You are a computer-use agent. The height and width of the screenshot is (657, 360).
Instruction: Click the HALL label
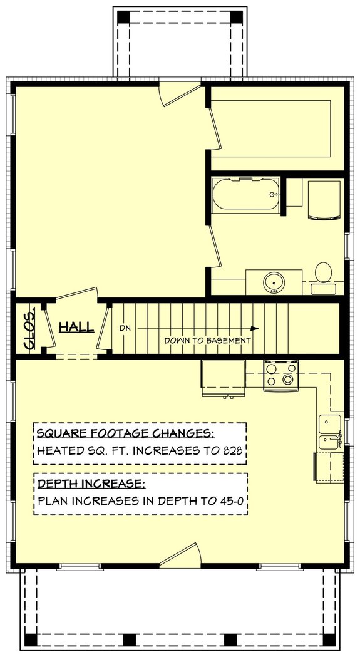pos(76,327)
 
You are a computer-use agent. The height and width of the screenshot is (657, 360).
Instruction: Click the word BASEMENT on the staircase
pos(228,341)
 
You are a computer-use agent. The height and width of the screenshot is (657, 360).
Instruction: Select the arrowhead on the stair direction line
pos(255,328)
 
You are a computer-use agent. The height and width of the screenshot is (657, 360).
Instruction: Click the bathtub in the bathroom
pos(245,194)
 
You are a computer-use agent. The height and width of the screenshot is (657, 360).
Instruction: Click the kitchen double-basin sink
pos(330,432)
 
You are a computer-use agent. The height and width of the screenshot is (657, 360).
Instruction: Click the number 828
pos(231,450)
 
